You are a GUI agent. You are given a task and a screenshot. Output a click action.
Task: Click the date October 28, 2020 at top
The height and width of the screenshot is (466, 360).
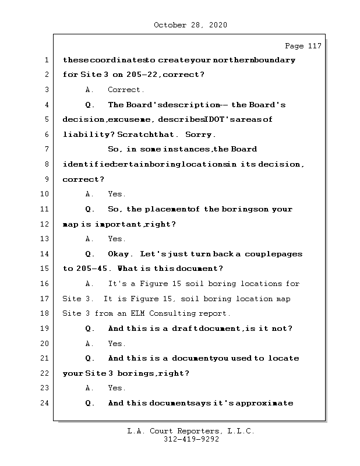pyautogui.click(x=190, y=25)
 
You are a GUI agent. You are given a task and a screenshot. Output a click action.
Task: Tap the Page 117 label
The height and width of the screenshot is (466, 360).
pyautogui.click(x=302, y=46)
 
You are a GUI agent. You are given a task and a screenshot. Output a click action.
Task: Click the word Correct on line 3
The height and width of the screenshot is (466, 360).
pyautogui.click(x=125, y=90)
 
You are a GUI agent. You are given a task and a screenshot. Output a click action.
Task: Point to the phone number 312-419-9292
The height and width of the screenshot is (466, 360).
pyautogui.click(x=190, y=440)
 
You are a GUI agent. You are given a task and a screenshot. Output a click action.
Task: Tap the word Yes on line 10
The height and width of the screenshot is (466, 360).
pyautogui.click(x=117, y=195)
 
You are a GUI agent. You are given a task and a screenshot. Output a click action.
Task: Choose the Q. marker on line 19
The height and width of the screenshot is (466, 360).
pyautogui.click(x=90, y=329)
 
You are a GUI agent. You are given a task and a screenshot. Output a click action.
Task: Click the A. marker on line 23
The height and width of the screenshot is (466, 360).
pyautogui.click(x=90, y=388)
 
